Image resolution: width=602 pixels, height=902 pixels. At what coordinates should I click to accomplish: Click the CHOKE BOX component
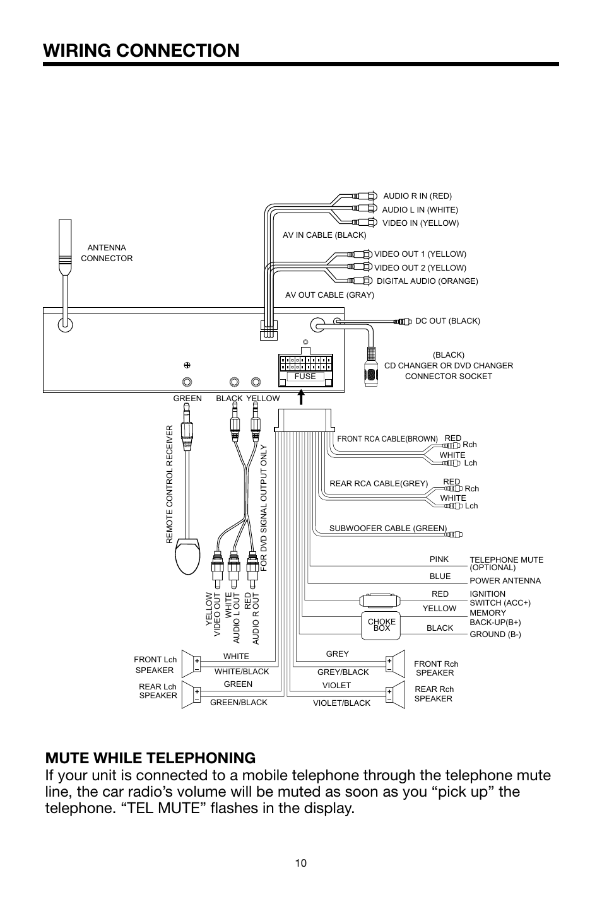[381, 624]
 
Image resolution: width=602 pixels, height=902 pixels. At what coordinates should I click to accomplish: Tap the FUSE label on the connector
[305, 377]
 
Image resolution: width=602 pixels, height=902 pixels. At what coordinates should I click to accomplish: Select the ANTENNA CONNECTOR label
[107, 253]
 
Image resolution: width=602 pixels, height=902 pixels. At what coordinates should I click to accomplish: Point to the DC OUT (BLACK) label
[447, 321]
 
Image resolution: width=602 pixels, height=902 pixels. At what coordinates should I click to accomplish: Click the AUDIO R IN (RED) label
[417, 196]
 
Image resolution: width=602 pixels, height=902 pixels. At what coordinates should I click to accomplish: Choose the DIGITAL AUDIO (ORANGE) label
[427, 281]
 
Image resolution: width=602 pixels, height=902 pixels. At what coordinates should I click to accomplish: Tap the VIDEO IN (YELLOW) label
[420, 223]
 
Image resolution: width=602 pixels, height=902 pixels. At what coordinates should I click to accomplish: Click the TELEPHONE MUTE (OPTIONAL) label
[506, 563]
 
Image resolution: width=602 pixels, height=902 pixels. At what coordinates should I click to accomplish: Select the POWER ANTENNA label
[505, 581]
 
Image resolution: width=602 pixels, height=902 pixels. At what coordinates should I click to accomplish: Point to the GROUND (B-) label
[495, 635]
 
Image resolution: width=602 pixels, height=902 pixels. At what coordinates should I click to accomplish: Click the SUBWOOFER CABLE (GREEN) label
[387, 529]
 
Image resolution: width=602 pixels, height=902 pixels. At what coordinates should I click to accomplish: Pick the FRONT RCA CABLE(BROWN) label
[387, 438]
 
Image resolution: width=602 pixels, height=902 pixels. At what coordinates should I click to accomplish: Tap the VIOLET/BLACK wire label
[341, 703]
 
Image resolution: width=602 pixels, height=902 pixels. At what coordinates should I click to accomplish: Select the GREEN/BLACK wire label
[239, 703]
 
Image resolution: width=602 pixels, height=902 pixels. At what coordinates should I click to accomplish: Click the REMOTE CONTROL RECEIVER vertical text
[169, 484]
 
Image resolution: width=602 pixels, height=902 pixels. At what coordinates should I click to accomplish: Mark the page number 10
[300, 864]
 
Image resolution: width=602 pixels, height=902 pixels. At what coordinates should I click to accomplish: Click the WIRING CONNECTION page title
[142, 50]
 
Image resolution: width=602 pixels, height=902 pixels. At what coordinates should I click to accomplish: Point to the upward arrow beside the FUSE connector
[302, 397]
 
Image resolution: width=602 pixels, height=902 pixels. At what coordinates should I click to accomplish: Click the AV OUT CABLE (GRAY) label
[329, 295]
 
